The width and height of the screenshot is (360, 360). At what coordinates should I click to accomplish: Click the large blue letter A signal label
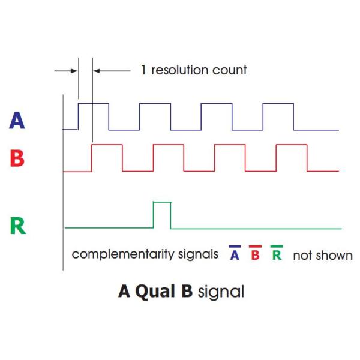(x=18, y=121)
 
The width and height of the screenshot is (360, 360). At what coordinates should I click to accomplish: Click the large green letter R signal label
(x=18, y=226)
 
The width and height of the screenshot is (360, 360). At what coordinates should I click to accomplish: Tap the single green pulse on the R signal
(x=162, y=215)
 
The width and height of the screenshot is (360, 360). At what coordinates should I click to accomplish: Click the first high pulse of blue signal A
(x=94, y=116)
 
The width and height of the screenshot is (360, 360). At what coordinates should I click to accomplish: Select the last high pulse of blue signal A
(x=278, y=116)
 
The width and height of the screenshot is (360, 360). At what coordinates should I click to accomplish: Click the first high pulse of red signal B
(x=107, y=157)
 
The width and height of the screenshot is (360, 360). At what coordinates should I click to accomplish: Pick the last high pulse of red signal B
(x=292, y=157)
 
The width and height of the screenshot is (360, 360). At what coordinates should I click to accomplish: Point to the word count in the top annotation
(x=230, y=70)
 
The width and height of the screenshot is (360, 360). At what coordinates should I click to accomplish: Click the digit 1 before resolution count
(x=143, y=70)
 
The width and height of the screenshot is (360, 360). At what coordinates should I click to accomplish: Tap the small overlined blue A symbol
(x=234, y=254)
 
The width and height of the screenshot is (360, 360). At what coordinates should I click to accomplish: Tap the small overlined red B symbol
(x=254, y=254)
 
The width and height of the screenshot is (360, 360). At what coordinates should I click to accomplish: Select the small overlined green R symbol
(x=277, y=254)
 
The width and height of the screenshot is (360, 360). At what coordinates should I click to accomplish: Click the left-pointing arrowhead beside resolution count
(x=97, y=70)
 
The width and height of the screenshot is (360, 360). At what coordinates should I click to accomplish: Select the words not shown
(x=323, y=255)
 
